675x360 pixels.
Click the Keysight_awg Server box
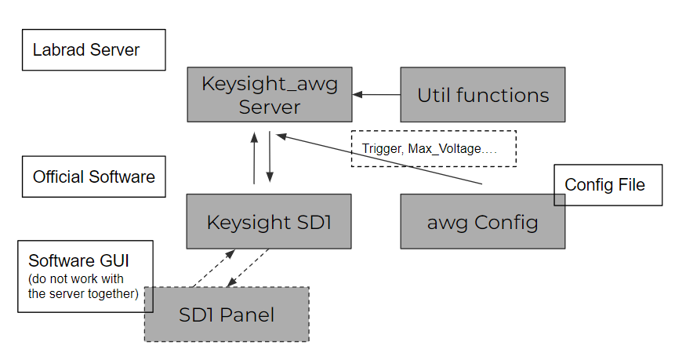coord(270,94)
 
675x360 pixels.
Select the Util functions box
coord(482,95)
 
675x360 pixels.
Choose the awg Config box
coord(482,222)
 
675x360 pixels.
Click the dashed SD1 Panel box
coord(227,315)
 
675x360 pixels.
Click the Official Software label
coord(93,176)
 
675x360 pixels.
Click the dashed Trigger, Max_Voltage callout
coord(434,148)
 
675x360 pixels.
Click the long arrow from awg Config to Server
coord(376,159)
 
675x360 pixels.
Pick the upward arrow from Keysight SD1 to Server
coord(254,158)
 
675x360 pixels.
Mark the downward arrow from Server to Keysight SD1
coord(270,158)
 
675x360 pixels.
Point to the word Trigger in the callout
coord(381,148)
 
